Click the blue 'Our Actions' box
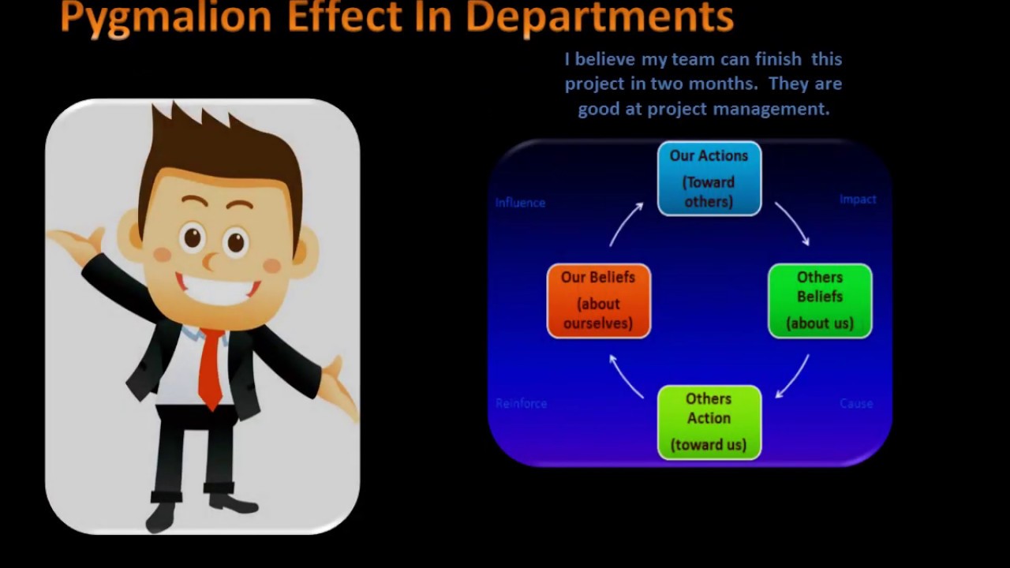(709, 178)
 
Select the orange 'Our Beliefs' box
(599, 301)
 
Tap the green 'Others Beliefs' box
(820, 301)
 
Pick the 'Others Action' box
(709, 422)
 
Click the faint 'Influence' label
(520, 203)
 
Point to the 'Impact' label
(858, 200)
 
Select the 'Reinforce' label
(521, 403)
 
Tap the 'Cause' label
(856, 403)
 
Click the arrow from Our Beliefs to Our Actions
(625, 223)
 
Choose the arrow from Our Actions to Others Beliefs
(792, 223)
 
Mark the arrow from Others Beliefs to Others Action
(793, 376)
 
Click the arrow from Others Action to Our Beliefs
(626, 377)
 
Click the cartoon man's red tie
(211, 367)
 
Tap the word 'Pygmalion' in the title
(165, 17)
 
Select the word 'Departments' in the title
(600, 17)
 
